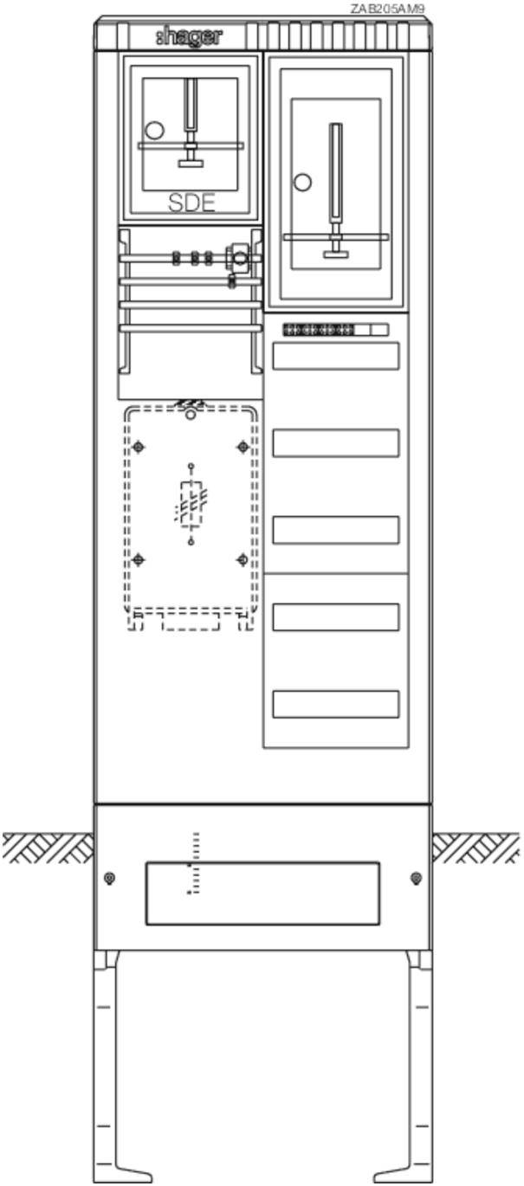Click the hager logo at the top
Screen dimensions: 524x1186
tap(189, 37)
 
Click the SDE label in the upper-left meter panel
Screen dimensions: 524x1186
tap(191, 203)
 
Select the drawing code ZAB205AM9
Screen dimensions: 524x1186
tap(387, 9)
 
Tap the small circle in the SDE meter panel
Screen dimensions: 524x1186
tap(155, 130)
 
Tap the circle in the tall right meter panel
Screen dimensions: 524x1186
tap(302, 182)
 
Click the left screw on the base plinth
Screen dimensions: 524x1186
tap(110, 879)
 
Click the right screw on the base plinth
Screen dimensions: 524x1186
tap(417, 878)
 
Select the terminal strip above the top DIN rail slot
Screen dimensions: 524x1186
tap(335, 330)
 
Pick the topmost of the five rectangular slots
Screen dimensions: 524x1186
tap(336, 356)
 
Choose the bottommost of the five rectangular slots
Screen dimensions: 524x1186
tap(336, 704)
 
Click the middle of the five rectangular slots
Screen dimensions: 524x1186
tap(336, 530)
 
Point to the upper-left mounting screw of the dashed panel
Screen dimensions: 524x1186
tap(139, 448)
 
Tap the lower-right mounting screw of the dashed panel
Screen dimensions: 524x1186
tap(243, 559)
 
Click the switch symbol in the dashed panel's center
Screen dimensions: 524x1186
tap(191, 504)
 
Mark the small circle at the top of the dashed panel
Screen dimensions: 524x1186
tap(191, 416)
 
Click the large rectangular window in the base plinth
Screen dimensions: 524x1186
tap(262, 893)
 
